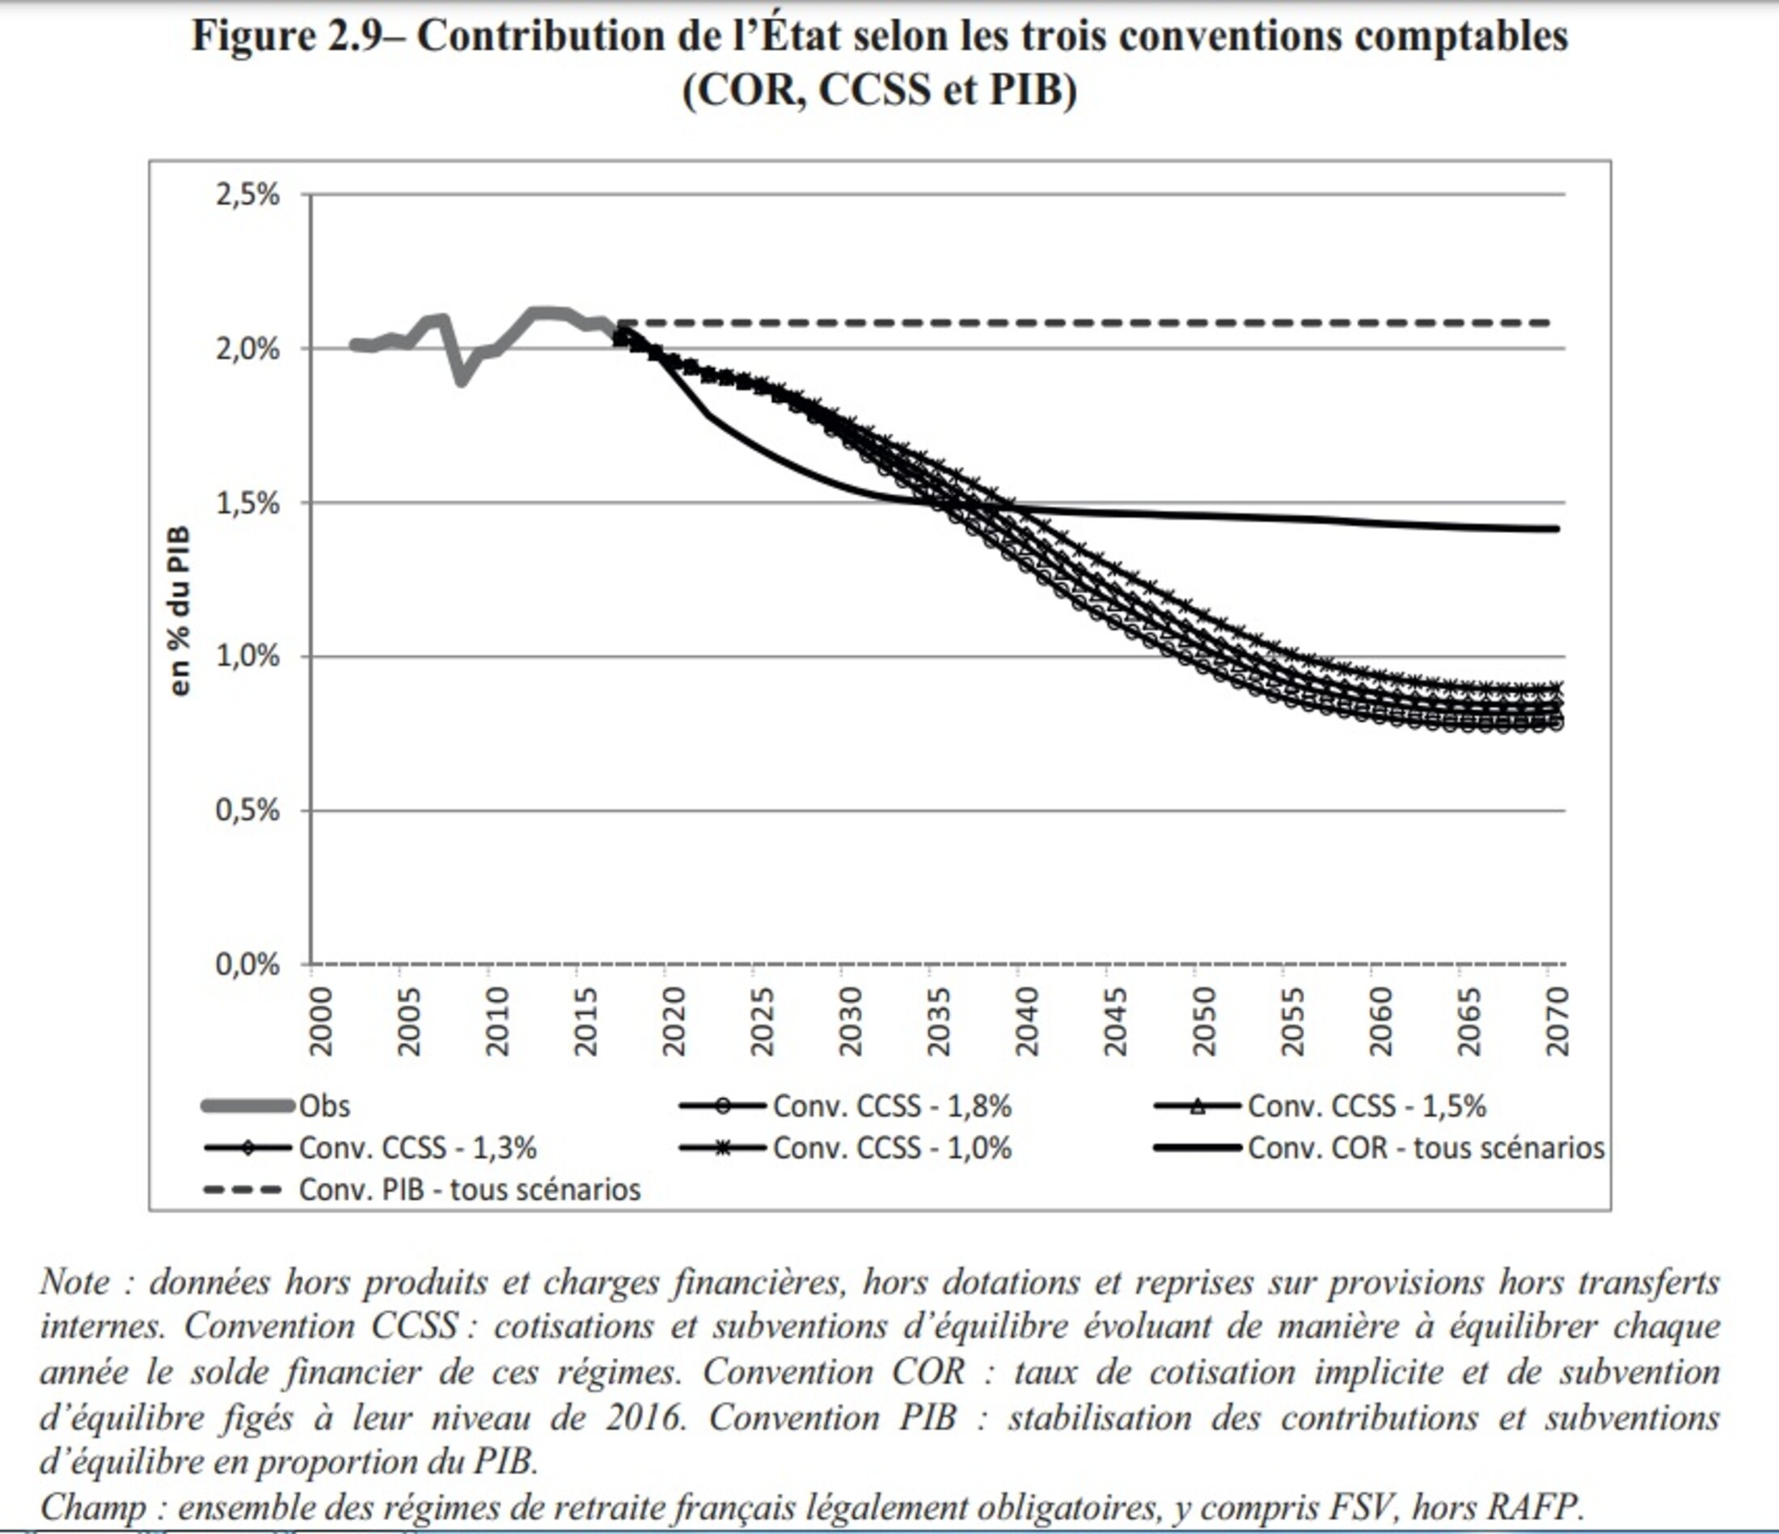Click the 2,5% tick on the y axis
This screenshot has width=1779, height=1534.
pos(247,195)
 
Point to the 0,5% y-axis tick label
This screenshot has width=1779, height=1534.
pos(247,810)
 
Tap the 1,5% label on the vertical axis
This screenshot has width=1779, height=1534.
pos(247,503)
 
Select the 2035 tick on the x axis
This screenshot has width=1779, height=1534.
pos(939,1021)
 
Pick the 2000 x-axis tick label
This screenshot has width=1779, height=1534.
pos(320,1021)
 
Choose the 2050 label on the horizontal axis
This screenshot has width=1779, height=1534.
pos(1204,1021)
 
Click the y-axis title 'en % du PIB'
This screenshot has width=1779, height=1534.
pos(180,611)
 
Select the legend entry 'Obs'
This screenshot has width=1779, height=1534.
pos(324,1106)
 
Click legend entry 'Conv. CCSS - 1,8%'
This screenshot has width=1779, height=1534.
pos(892,1106)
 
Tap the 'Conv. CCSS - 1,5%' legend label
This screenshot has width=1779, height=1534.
pos(1366,1106)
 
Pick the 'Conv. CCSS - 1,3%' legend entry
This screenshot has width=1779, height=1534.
pos(417,1148)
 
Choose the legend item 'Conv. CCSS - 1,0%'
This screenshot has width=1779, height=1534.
pos(892,1148)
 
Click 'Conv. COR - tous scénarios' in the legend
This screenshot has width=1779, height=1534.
pos(1426,1148)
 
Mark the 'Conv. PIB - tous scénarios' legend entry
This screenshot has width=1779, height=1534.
pos(469,1189)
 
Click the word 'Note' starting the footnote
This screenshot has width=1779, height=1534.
pos(74,1282)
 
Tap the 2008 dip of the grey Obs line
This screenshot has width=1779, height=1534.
pos(462,379)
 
